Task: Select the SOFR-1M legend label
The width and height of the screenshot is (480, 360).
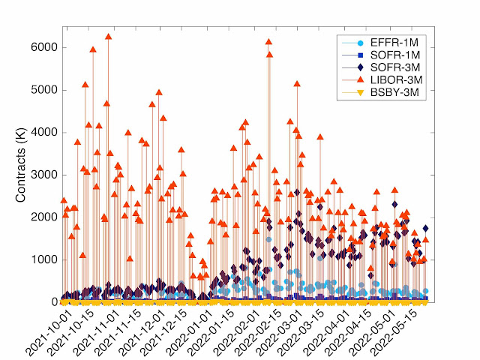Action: pos(394,55)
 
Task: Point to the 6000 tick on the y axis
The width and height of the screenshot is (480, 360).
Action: pos(47,47)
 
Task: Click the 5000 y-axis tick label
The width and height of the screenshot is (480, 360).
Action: pos(47,90)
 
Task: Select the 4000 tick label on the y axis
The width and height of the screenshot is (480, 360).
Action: pos(47,133)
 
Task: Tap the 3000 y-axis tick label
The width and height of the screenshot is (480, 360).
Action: pos(47,175)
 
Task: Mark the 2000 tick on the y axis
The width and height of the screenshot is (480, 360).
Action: pos(47,217)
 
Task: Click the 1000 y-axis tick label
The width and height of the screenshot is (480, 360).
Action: pos(47,259)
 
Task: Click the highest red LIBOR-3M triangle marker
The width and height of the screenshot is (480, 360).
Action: pos(109,36)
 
